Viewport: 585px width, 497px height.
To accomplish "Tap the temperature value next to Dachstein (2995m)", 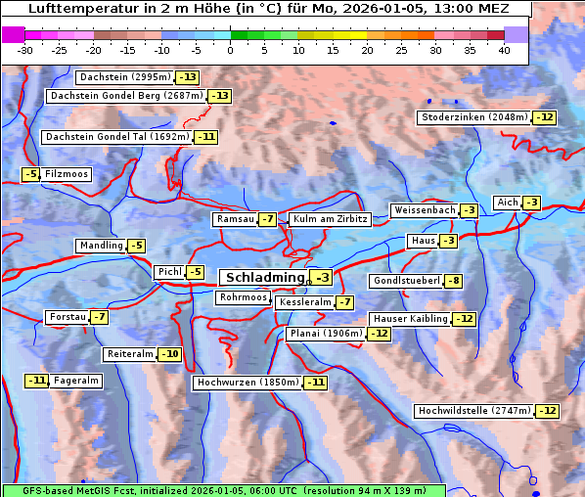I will [x=187, y=77].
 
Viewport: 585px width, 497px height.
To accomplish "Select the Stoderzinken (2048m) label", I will [x=474, y=117].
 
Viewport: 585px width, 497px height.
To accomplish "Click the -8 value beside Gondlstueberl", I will [x=453, y=282].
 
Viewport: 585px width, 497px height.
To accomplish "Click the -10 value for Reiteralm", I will [x=170, y=354].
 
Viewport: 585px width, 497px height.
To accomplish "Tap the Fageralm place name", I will [x=76, y=381].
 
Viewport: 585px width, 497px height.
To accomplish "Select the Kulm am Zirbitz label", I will [x=330, y=220].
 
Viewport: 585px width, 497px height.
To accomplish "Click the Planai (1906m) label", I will [x=326, y=334].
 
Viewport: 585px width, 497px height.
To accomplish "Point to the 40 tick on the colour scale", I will [x=504, y=49].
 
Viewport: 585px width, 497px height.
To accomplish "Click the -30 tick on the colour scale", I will [x=25, y=49].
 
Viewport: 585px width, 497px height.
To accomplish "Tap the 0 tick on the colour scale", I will [x=231, y=49].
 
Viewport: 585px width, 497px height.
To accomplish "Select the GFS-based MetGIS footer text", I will [x=223, y=490].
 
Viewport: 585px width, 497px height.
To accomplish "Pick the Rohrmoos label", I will [x=243, y=297].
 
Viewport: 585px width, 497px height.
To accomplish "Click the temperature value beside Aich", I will [x=531, y=203].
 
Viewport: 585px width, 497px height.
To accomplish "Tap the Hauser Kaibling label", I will [x=410, y=319].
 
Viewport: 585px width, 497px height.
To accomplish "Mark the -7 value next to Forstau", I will [x=99, y=317].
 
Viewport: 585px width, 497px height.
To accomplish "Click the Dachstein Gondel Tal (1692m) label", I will [x=116, y=137].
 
